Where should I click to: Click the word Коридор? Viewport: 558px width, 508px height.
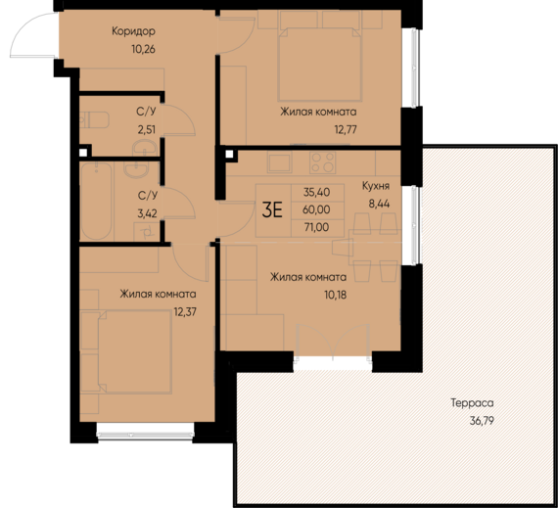133,31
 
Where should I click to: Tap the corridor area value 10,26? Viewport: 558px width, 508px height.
143,49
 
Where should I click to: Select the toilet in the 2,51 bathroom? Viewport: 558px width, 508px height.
94,120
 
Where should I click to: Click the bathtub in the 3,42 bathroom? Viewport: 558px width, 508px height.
96,201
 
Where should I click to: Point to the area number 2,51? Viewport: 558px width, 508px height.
147,129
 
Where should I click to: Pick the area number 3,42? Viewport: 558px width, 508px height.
147,213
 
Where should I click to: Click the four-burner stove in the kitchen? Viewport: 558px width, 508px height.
322,162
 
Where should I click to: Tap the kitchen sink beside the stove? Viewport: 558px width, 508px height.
279,162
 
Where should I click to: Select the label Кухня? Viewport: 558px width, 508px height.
376,186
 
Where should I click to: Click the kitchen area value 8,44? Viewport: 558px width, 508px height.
379,204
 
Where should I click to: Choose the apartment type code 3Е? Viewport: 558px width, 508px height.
272,209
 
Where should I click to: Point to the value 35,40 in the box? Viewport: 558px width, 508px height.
317,192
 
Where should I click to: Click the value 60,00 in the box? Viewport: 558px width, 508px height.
316,209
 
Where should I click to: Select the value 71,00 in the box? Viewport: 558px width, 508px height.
317,227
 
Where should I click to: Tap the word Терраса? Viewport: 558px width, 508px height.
472,403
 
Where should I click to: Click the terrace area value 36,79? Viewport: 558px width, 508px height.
482,421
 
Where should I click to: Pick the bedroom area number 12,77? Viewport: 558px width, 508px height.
346,129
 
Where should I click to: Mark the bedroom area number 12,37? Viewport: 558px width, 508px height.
185,312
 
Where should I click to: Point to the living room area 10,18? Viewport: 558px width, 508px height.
335,295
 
